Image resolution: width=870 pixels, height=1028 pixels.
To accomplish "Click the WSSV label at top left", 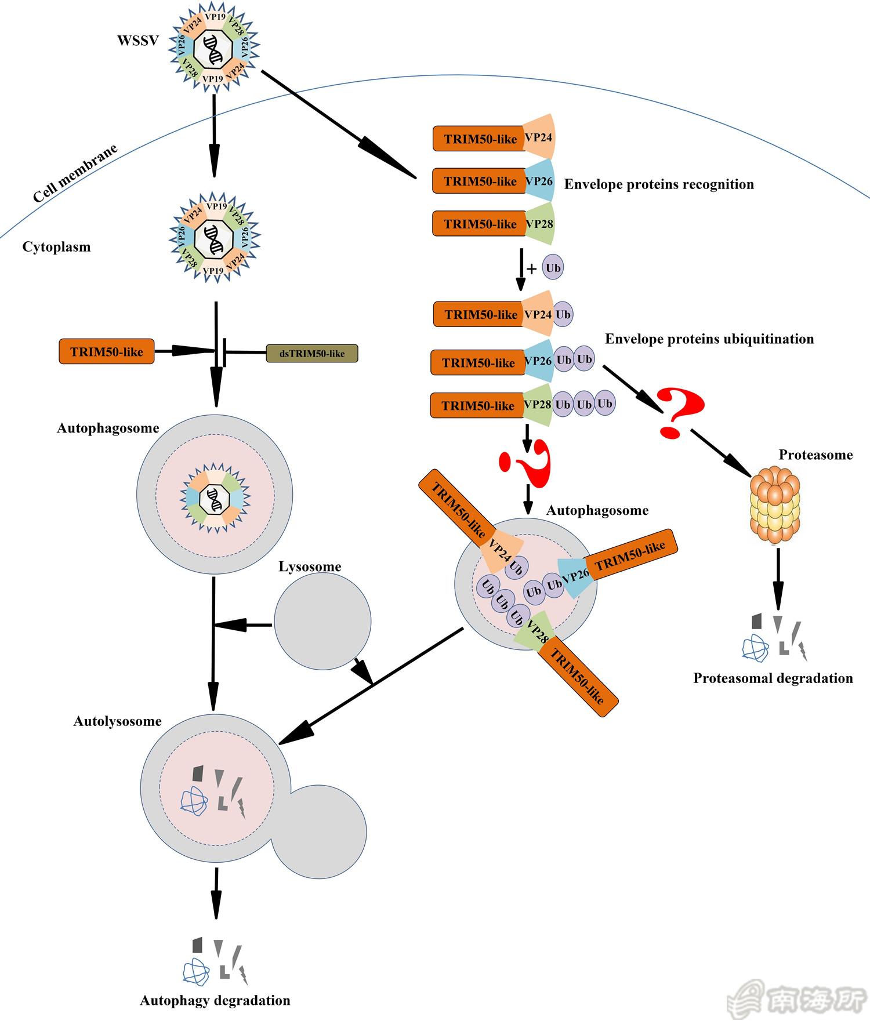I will pos(138,41).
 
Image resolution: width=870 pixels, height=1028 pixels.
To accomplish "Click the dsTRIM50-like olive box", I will pos(312,353).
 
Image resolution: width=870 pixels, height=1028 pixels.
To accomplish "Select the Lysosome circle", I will pos(322,622).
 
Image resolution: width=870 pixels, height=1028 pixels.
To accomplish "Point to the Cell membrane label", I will pos(75,173).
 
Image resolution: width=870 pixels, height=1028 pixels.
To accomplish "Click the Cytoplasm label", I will pos(56,247).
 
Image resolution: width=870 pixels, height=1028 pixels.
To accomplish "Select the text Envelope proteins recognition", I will pos(659,184).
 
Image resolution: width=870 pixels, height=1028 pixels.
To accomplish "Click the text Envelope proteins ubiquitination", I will pos(709,339).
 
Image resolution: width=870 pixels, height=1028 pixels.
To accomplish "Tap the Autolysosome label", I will pos(117,721).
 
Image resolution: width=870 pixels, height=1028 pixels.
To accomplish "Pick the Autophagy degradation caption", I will pos(215,1000).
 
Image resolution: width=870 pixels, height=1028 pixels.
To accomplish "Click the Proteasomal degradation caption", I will pos(773,678).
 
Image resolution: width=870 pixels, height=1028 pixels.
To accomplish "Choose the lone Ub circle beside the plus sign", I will pos(553,268).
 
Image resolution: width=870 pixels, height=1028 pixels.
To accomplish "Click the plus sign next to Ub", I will pos(532,268).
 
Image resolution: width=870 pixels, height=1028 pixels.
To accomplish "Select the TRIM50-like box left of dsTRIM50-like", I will pos(107,351).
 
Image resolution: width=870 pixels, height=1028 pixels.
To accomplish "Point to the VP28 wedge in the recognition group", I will pos(540,224).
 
